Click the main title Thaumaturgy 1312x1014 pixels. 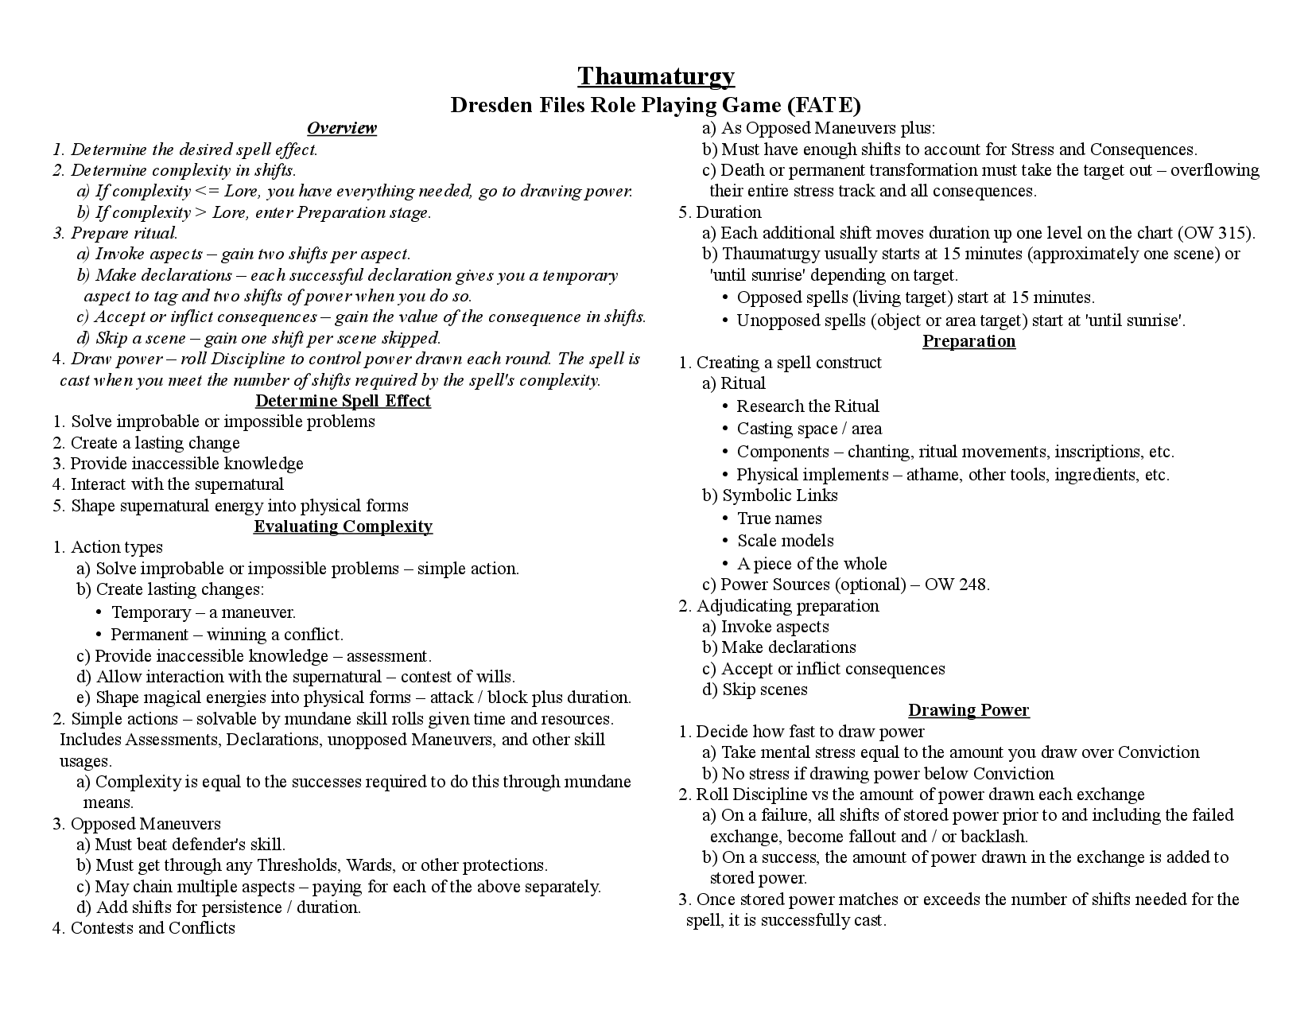(x=656, y=76)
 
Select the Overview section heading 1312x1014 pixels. (x=342, y=128)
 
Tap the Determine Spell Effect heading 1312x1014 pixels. (x=343, y=401)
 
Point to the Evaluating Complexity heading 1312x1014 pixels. (x=343, y=526)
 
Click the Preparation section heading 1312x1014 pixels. (x=968, y=341)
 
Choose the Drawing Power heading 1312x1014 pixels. (x=968, y=710)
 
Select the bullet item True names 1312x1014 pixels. (x=779, y=519)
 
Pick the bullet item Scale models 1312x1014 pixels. (x=785, y=541)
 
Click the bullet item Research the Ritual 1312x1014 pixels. (x=807, y=406)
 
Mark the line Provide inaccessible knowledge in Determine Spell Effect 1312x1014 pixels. (x=186, y=464)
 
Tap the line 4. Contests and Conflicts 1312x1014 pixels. (x=144, y=928)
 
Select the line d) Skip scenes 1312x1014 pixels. (x=755, y=690)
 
